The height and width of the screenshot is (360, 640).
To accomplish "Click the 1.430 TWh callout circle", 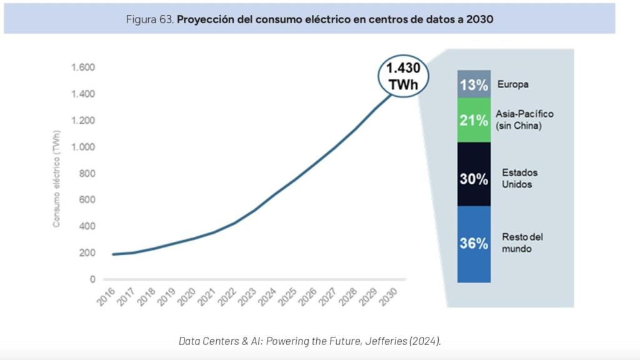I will click(402, 76).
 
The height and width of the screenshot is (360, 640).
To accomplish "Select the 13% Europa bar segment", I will click(473, 84).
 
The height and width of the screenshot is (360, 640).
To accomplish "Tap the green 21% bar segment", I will click(473, 120).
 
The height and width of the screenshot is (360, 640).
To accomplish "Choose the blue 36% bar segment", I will click(473, 244).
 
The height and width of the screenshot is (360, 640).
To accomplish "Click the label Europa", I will click(512, 84).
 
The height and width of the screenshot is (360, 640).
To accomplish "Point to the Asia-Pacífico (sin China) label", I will click(524, 119).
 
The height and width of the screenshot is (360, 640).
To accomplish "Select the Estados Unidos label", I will click(519, 178).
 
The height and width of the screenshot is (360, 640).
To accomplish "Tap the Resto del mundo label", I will click(522, 243).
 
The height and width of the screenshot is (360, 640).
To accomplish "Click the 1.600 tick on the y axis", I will click(83, 67).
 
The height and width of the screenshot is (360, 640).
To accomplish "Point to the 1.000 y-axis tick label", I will click(83, 147).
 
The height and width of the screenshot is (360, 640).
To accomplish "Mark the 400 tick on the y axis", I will click(87, 226).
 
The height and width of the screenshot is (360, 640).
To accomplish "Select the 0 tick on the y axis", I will click(92, 279).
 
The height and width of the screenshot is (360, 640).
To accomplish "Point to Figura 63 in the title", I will click(150, 19).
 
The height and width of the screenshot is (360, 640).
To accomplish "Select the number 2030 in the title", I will click(479, 19).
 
